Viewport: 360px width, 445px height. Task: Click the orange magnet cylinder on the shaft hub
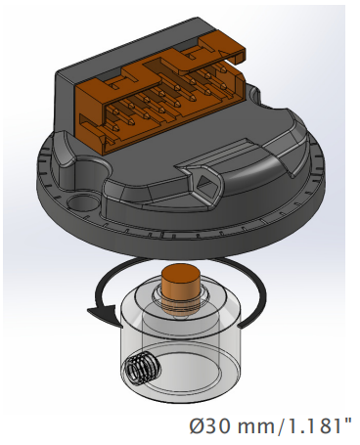(182, 289)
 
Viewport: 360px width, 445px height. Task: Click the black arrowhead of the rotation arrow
(103, 315)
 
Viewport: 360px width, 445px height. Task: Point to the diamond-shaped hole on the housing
(205, 183)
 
